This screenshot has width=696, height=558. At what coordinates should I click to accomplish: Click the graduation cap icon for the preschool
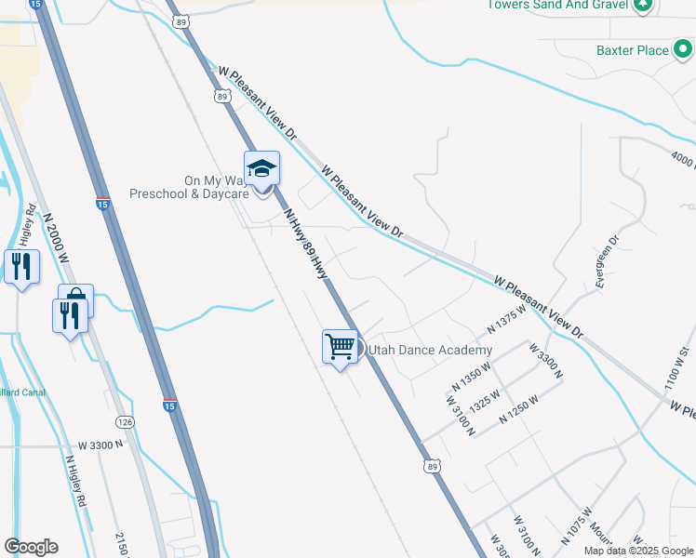click(261, 169)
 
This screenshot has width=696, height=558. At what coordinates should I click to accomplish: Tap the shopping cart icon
click(341, 347)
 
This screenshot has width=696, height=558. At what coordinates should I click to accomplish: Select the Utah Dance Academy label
click(430, 350)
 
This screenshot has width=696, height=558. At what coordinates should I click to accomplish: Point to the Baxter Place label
click(633, 50)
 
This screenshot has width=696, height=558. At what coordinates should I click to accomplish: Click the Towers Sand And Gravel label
click(557, 5)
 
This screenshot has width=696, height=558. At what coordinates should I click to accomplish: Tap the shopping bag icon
click(76, 299)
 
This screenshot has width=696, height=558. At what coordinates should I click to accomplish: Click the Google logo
click(31, 547)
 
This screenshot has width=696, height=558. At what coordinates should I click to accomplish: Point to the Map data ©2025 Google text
click(638, 551)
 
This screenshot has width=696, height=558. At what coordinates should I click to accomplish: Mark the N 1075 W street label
click(577, 525)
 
